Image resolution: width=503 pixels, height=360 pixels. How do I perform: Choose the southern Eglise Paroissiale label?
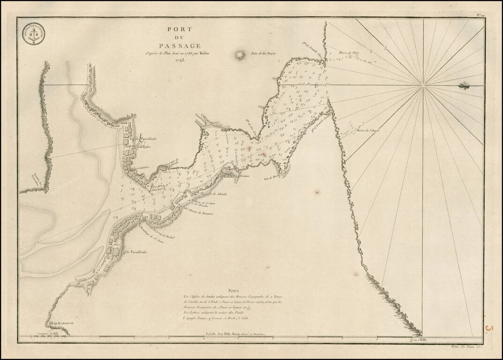click(133, 252)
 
